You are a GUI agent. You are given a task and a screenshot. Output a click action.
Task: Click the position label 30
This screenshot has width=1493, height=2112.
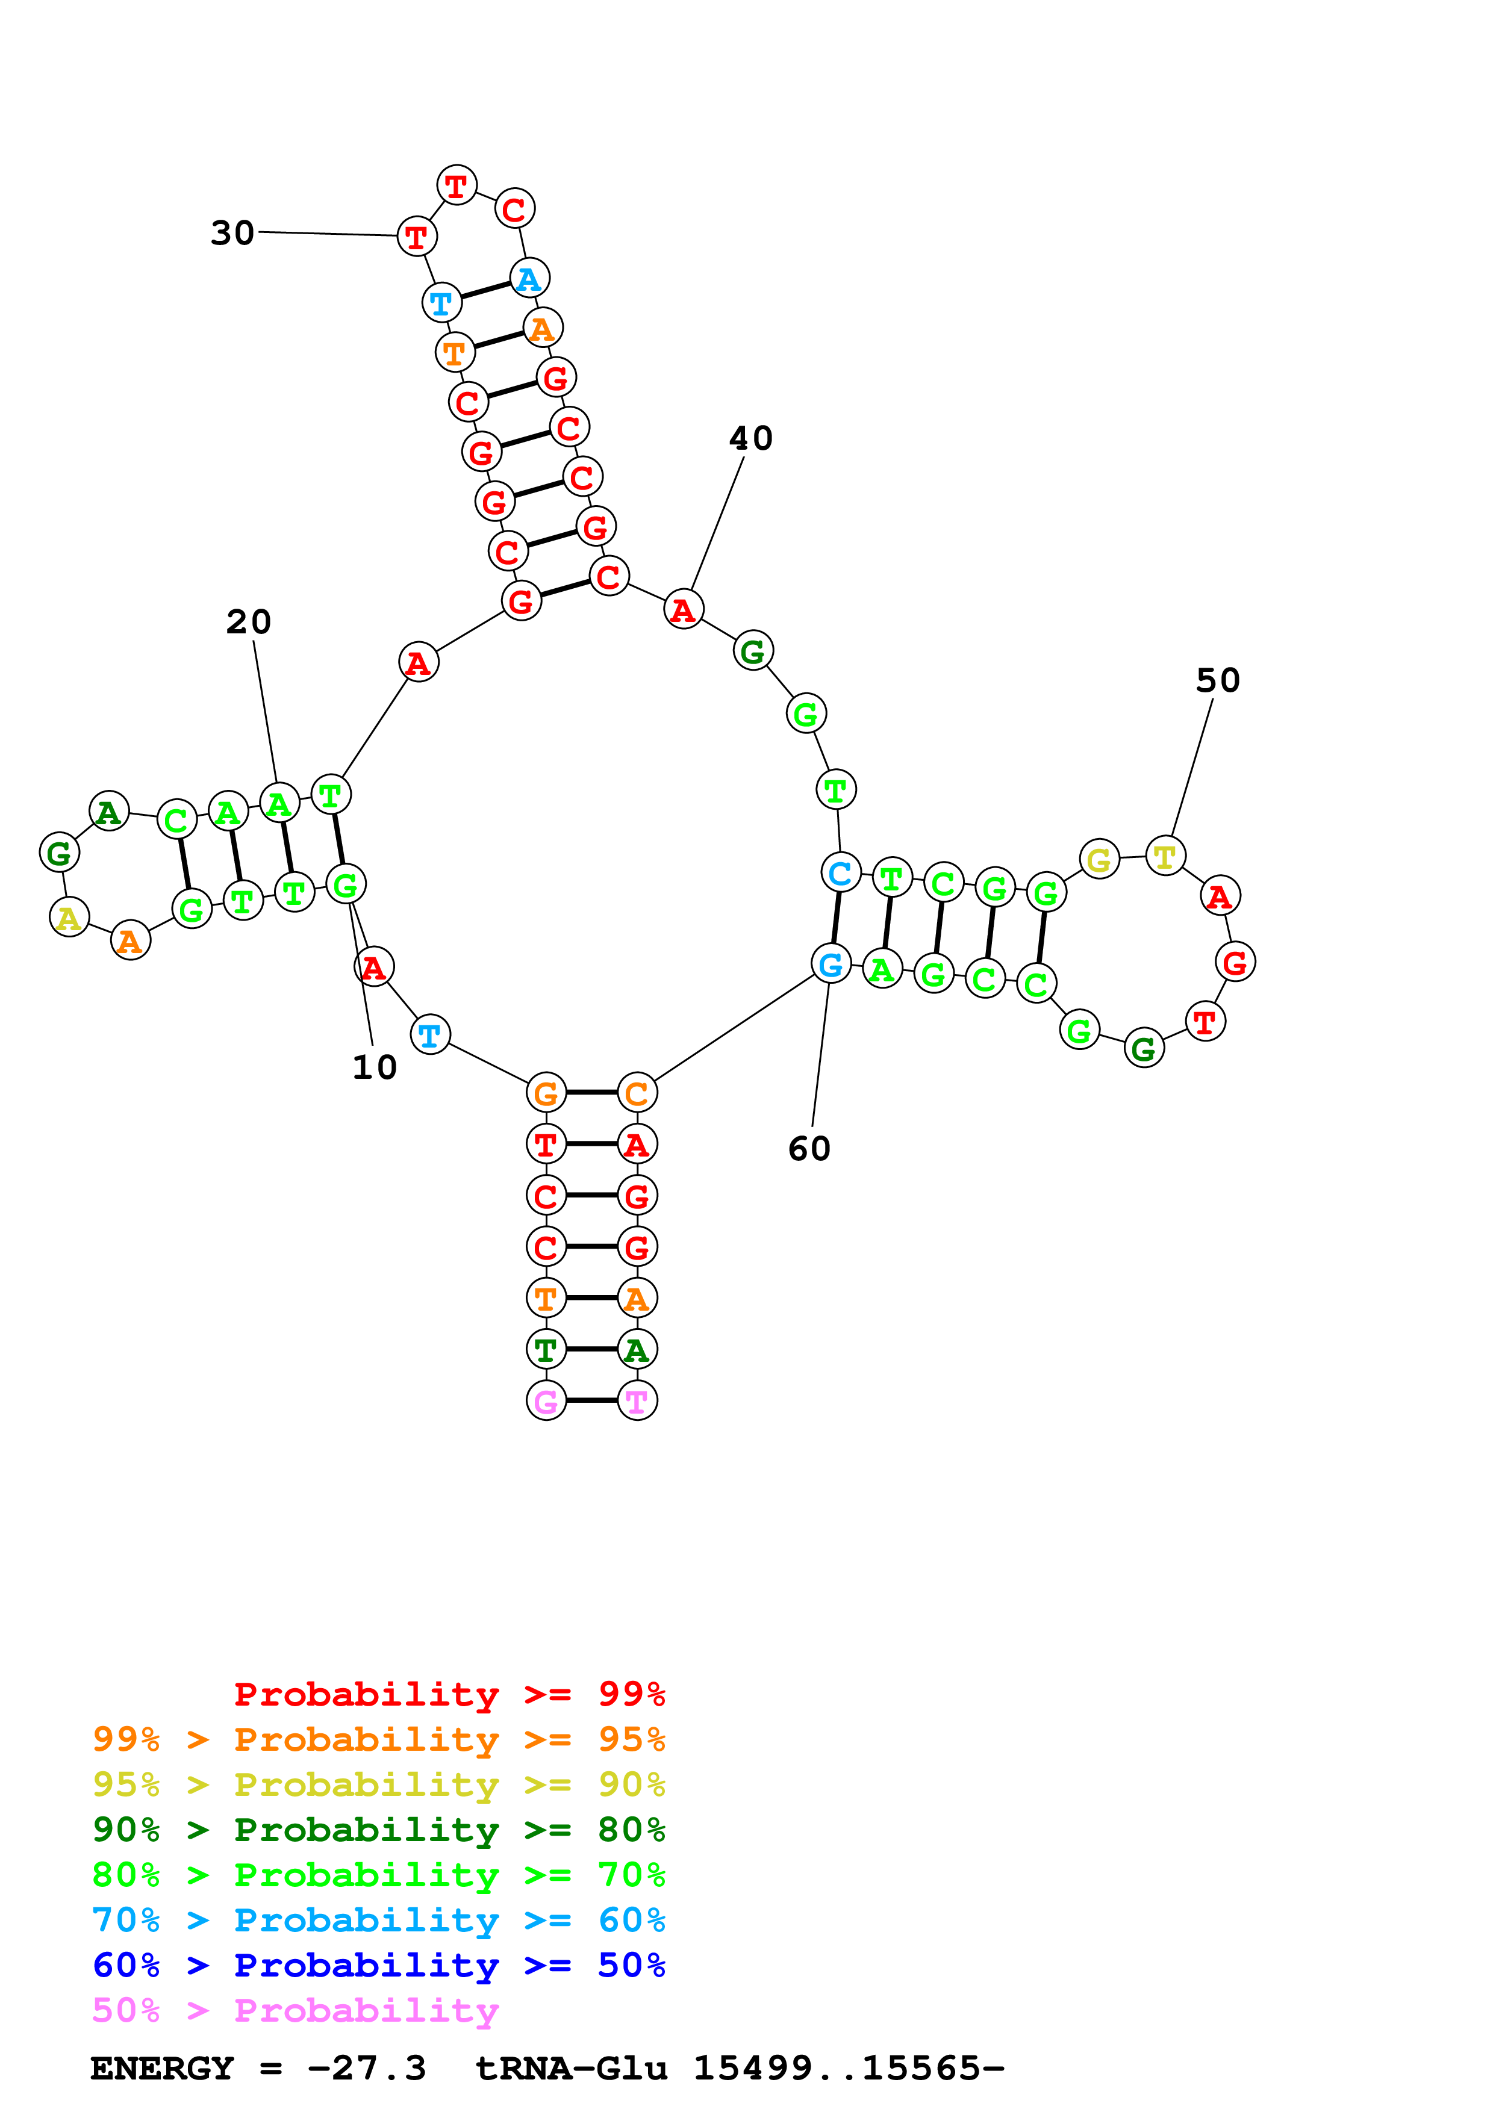[x=232, y=233]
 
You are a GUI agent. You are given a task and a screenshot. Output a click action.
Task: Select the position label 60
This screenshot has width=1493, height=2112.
[x=809, y=1148]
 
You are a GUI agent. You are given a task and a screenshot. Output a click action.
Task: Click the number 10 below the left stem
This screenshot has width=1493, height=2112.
[x=375, y=1067]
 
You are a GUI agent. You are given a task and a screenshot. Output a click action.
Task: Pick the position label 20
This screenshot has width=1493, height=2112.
[x=248, y=622]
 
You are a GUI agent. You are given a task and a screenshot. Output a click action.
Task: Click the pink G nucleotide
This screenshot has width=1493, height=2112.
[x=546, y=1401]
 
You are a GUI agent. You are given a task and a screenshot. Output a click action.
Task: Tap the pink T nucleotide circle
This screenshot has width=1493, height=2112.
[x=637, y=1401]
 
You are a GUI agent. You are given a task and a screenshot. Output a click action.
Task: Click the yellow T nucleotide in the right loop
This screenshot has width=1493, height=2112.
[x=1165, y=856]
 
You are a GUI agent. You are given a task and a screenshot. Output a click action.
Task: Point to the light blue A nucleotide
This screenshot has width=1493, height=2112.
[x=529, y=278]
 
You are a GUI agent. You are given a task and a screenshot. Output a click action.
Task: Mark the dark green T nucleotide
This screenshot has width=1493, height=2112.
[x=546, y=1349]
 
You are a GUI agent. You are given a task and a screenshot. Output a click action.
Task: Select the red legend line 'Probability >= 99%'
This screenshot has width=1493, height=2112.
[x=449, y=1694]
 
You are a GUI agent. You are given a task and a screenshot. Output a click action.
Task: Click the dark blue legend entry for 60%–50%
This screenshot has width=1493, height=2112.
[x=378, y=1965]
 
